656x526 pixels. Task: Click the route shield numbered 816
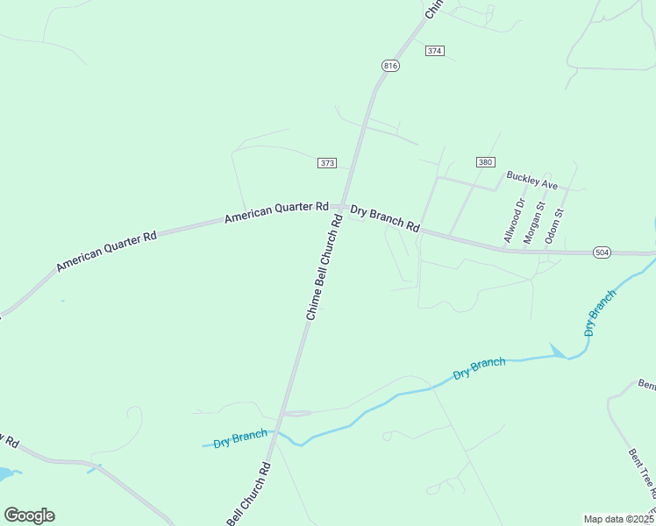click(x=391, y=66)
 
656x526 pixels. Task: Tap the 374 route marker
click(x=434, y=51)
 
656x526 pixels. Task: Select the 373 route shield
click(x=327, y=163)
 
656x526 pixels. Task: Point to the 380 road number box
click(x=486, y=162)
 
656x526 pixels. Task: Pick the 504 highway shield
click(x=602, y=252)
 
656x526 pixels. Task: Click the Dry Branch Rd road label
click(x=385, y=218)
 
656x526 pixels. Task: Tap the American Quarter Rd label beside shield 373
click(x=276, y=211)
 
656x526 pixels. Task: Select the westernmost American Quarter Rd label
click(x=106, y=251)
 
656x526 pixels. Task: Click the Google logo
click(x=29, y=515)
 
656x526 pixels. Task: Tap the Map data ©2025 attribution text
click(x=619, y=519)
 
